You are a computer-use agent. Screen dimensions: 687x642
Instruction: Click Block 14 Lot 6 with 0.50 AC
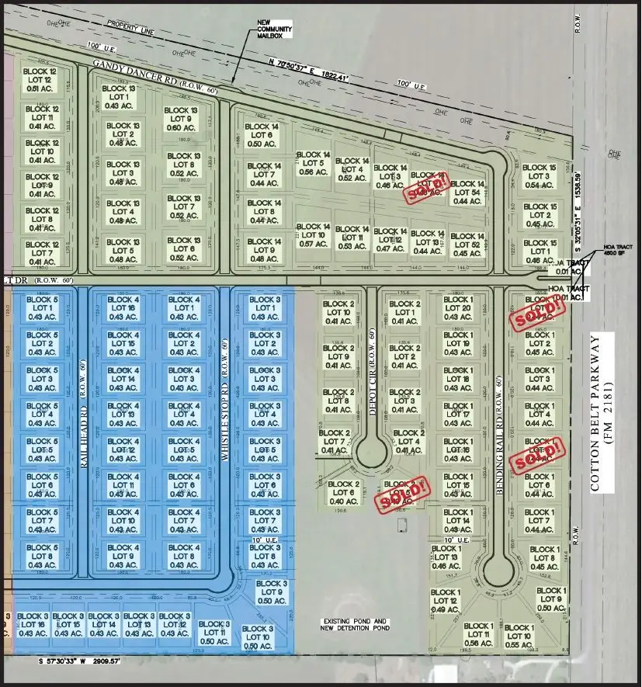262,134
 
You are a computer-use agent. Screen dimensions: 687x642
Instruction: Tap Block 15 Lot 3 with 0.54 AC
539,176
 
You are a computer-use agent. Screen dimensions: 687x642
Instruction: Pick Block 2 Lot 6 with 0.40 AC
343,492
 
